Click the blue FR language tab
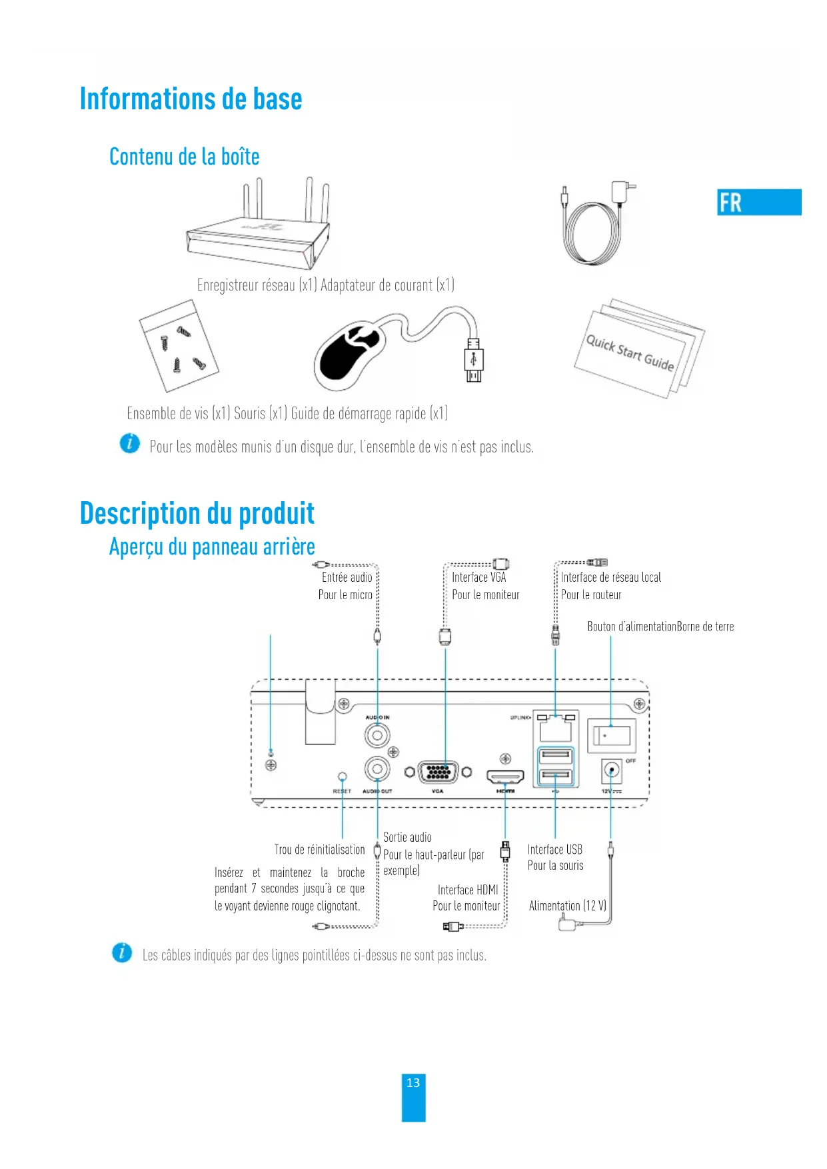758,202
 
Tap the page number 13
413,1083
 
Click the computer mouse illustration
351,353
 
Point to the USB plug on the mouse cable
473,361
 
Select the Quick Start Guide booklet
638,349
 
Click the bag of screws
179,346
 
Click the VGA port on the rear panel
438,772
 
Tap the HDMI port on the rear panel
505,776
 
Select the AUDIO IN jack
377,736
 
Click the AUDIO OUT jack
377,768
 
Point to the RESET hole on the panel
343,776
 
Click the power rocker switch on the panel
611,734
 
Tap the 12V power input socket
611,771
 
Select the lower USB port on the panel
555,776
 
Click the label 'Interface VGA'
478,577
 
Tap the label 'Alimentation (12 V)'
567,906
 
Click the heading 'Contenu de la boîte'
184,157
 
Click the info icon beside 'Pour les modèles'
130,443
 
